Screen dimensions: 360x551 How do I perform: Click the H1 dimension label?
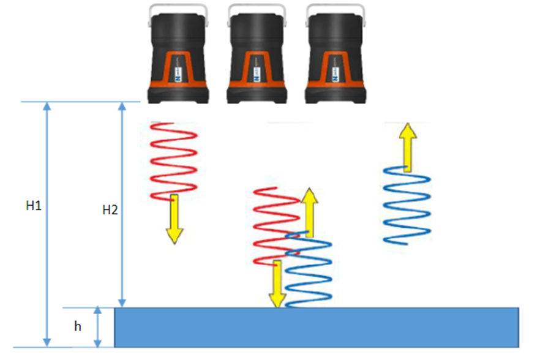(34, 206)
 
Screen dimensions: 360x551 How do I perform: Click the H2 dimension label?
(110, 210)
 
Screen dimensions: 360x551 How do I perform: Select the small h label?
(78, 327)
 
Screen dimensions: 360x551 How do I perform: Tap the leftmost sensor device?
(177, 58)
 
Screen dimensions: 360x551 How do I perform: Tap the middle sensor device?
(257, 58)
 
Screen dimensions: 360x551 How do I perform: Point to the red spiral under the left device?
(173, 159)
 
